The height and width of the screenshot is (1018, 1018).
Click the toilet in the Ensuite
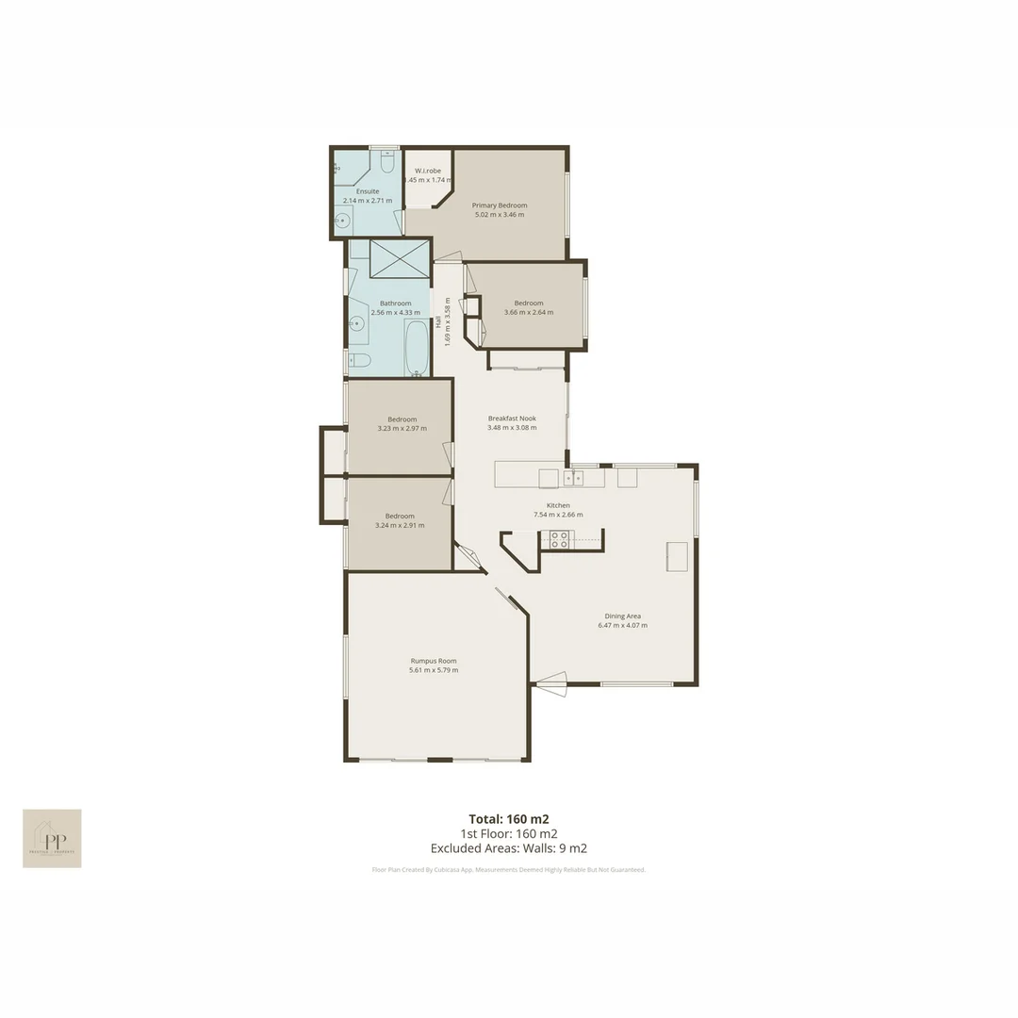click(x=386, y=164)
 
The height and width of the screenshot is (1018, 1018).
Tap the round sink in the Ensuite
click(x=342, y=222)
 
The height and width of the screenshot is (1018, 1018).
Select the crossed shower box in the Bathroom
click(x=400, y=258)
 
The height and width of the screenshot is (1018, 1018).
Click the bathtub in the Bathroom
click(x=417, y=348)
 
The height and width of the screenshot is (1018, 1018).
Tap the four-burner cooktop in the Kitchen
click(x=558, y=540)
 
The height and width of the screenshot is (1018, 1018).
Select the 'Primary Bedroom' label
click(x=500, y=205)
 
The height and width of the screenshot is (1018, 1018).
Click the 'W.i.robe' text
click(x=428, y=171)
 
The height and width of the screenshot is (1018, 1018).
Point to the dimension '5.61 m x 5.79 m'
click(x=434, y=670)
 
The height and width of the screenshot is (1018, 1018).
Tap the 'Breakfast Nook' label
click(x=512, y=419)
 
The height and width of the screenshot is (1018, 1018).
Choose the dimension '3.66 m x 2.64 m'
click(x=529, y=312)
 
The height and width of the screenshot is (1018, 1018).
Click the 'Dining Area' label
click(x=622, y=616)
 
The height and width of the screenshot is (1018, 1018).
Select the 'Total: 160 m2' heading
click(x=509, y=818)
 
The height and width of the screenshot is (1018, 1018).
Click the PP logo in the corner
click(x=52, y=838)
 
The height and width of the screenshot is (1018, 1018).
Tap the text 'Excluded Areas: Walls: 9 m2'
click(x=509, y=848)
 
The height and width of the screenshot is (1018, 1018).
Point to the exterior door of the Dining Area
click(x=551, y=683)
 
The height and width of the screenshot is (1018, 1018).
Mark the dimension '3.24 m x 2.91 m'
click(x=400, y=525)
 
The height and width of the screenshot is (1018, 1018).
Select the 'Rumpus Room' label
click(x=434, y=661)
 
